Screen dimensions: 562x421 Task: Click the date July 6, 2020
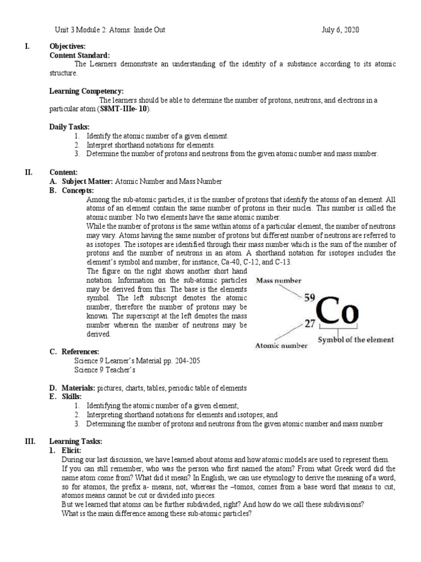(340, 30)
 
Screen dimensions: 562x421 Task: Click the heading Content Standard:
(79, 55)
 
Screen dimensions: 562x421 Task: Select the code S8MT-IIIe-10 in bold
(124, 109)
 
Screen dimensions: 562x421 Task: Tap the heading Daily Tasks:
(70, 127)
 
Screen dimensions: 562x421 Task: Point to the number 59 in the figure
(309, 298)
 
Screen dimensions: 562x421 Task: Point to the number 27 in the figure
(310, 324)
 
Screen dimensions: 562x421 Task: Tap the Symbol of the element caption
(356, 340)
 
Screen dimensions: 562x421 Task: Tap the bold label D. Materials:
(72, 388)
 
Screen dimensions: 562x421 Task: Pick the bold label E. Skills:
(65, 396)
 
